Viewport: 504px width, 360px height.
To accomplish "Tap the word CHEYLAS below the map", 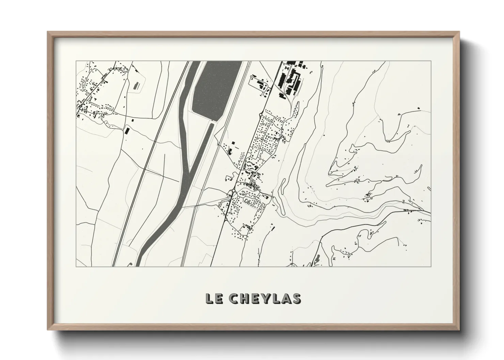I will [265, 298].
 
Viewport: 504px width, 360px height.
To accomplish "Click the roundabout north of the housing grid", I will [261, 114].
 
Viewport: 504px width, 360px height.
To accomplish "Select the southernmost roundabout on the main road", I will [225, 220].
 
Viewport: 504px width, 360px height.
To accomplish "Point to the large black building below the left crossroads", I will [127, 131].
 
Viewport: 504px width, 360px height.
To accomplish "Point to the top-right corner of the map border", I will [431, 61].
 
